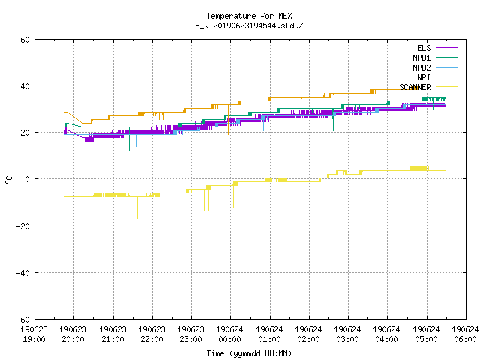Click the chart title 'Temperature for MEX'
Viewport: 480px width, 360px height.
click(x=249, y=16)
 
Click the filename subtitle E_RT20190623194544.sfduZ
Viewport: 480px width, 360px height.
click(x=249, y=25)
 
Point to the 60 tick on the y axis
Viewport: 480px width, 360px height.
click(x=25, y=40)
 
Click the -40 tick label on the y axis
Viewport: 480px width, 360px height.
click(x=23, y=273)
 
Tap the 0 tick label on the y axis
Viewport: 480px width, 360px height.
click(x=28, y=179)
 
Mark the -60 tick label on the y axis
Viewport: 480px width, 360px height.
click(x=23, y=319)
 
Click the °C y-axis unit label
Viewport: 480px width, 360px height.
click(x=8, y=180)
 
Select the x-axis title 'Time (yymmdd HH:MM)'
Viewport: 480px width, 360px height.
click(x=249, y=353)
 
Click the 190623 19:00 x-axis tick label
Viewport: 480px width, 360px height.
click(x=34, y=334)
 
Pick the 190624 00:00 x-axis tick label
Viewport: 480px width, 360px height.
click(x=229, y=334)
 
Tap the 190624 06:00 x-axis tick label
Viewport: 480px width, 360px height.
click(x=465, y=334)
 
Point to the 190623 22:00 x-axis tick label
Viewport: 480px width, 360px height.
click(x=151, y=334)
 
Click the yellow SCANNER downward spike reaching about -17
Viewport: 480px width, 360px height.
click(x=137, y=208)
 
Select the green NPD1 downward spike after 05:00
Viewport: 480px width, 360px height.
click(x=433, y=111)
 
